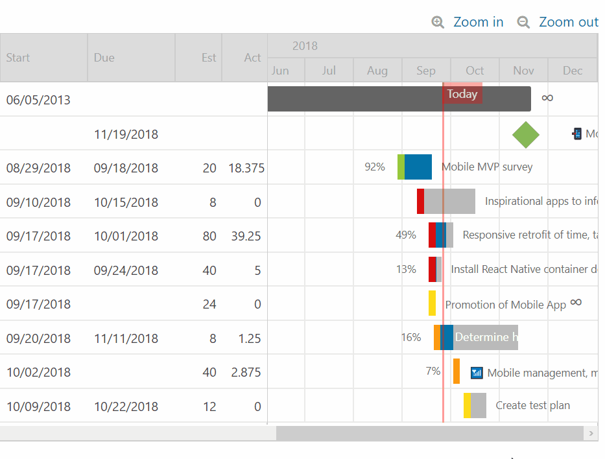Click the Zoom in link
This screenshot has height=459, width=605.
477,22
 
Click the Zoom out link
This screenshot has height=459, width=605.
567,22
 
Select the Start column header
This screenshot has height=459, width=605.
18,58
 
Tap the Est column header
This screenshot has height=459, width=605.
208,58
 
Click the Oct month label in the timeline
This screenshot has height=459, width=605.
475,71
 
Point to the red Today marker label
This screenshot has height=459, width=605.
462,94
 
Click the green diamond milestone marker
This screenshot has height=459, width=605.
525,134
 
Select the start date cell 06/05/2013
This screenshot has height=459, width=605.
38,100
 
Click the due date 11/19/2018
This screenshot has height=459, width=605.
126,135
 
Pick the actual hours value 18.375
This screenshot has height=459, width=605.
246,169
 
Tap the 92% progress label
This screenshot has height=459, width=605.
375,167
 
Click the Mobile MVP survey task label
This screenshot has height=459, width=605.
487,167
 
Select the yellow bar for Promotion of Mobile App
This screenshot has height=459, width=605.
432,303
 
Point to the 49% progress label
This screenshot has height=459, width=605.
406,235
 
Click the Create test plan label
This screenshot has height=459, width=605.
532,406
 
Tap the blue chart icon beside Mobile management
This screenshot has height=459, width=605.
477,372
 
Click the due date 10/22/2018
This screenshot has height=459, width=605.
126,407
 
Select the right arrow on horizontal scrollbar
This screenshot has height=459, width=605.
591,433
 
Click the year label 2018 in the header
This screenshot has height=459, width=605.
305,46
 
